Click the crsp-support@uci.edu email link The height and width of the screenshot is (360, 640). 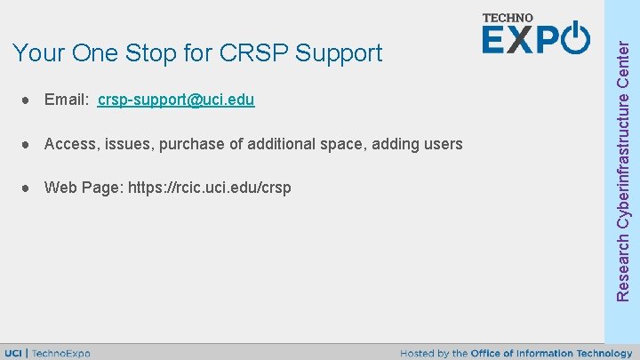click(x=176, y=100)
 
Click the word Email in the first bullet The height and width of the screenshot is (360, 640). click(x=65, y=100)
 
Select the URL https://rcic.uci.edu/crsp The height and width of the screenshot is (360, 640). click(x=210, y=188)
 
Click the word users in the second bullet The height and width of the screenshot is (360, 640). click(x=443, y=144)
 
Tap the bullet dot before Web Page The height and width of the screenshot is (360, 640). click(x=28, y=188)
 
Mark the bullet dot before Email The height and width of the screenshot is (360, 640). click(x=28, y=100)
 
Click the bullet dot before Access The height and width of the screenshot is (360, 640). click(x=28, y=144)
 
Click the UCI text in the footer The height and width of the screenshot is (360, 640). click(x=14, y=353)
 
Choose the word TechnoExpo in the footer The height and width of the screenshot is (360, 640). click(x=61, y=353)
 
